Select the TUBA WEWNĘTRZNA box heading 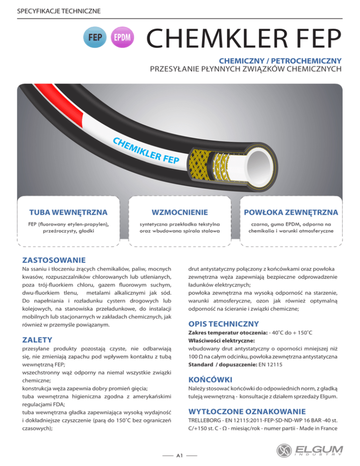coord(62,213)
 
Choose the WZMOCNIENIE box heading coord(180,213)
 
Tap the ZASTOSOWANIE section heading coord(54,260)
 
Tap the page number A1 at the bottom coord(180,454)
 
